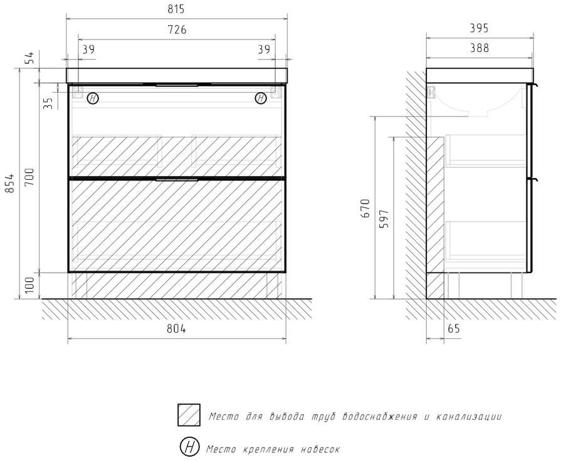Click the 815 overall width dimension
pos(176,9)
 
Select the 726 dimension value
pos(176,29)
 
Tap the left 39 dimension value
pos(88,49)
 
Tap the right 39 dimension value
pos(263,49)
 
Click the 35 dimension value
pos(49,102)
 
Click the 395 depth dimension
pos(479,28)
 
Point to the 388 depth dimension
pos(479,48)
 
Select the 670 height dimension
pos(366,207)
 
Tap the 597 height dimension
pos(384,217)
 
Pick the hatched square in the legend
pos(189,415)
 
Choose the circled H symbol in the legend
pos(189,447)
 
